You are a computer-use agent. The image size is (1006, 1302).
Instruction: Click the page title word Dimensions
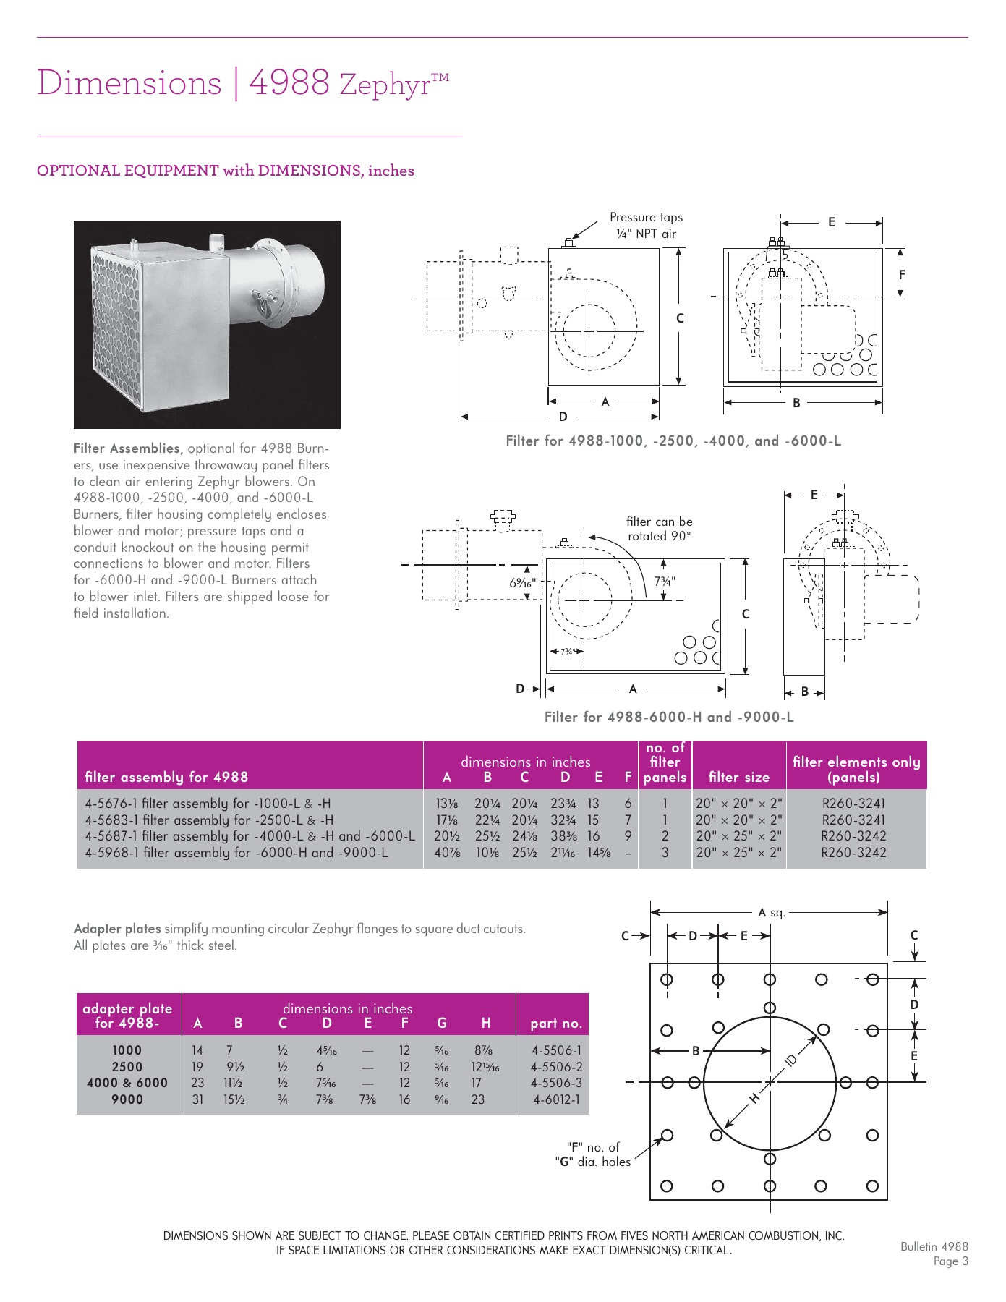pos(129,82)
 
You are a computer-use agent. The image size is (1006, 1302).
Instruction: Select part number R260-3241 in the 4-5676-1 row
pos(853,803)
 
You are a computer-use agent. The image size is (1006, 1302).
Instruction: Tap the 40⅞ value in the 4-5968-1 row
pos(447,853)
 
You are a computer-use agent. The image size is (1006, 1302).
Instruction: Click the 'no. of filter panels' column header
pos(665,762)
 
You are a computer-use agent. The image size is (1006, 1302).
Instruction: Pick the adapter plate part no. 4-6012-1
pos(556,1099)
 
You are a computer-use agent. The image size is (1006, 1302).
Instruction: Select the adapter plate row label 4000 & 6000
pos(127,1083)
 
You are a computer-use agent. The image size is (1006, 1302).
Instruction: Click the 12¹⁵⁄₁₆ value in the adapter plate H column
pos(485,1067)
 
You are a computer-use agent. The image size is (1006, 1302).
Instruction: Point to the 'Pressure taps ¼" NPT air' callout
pos(646,225)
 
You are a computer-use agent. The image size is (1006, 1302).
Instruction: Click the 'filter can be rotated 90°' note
pos(659,529)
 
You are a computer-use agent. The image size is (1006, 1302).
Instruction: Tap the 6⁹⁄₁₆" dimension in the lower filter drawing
pos(522,582)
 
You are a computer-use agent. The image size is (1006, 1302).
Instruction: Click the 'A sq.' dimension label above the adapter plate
pos(771,913)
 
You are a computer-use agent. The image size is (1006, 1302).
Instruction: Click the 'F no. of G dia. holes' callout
pos(592,1154)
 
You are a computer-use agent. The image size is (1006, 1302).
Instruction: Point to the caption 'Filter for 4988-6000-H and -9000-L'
pos(668,717)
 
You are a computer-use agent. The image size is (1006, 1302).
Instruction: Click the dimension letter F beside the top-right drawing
pos(901,275)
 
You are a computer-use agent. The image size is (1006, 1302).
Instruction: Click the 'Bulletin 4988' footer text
pos(934,1246)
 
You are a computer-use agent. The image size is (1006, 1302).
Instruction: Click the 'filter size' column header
pos(738,777)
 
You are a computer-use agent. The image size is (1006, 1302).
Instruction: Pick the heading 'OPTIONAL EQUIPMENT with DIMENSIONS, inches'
pos(226,171)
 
